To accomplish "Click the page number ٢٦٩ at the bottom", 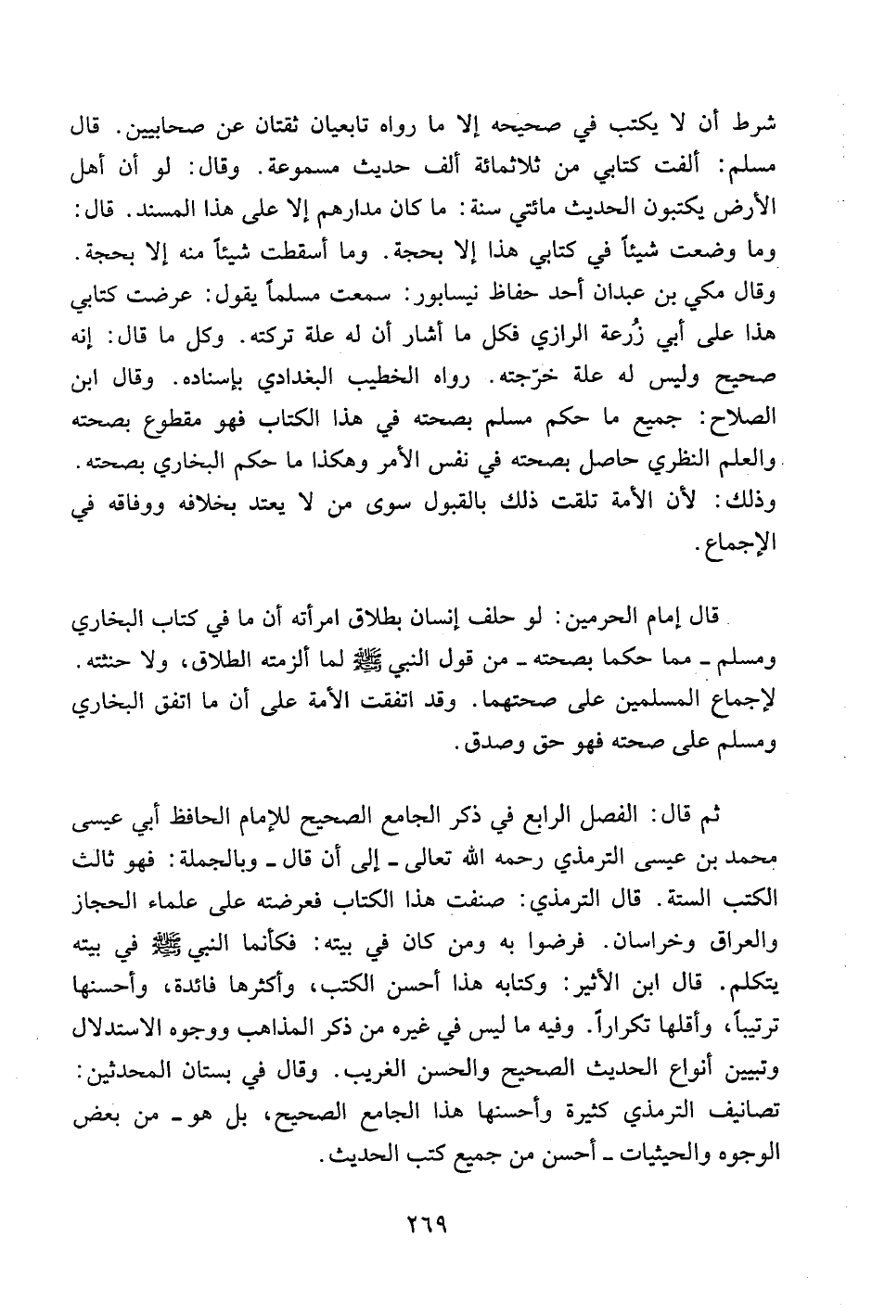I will [428, 1226].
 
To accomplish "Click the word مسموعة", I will [337, 171].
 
